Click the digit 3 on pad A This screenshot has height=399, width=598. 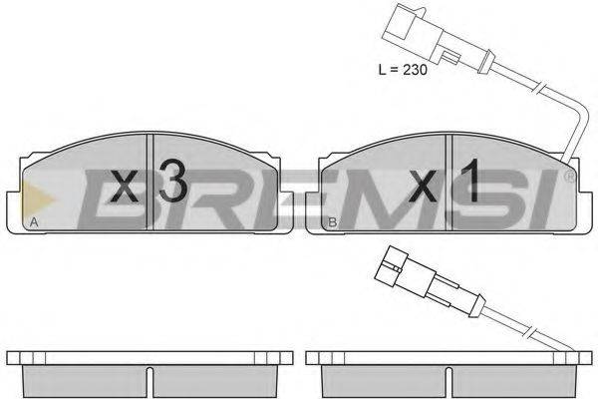tap(173, 180)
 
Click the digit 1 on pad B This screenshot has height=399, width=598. tap(469, 180)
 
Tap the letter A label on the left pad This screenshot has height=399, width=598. tap(34, 221)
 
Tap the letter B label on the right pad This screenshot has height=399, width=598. tap(333, 221)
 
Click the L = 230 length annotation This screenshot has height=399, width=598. tap(403, 70)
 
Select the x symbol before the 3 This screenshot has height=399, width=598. tap(125, 187)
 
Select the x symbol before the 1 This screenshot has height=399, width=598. tap(423, 187)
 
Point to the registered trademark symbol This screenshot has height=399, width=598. tap(569, 177)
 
